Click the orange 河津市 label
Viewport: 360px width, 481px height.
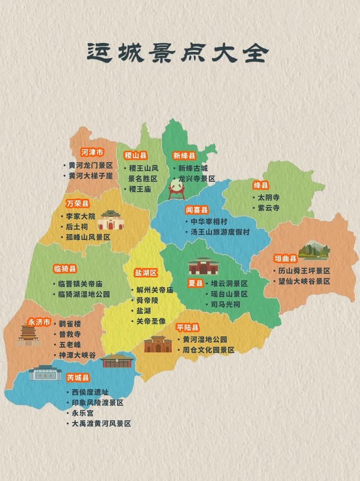pyautogui.click(x=92, y=152)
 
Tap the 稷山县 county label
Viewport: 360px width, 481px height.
pyautogui.click(x=136, y=156)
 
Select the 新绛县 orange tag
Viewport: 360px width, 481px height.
pyautogui.click(x=184, y=156)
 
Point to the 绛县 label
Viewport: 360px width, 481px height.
pyautogui.click(x=261, y=185)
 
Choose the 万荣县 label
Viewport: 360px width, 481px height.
pyautogui.click(x=77, y=204)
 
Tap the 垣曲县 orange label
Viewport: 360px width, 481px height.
pyautogui.click(x=286, y=258)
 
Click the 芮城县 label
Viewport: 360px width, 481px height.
pyautogui.click(x=78, y=377)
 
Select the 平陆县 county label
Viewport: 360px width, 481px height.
pyautogui.click(x=188, y=328)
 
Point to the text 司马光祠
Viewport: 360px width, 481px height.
pyautogui.click(x=225, y=305)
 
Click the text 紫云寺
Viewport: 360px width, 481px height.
pyautogui.click(x=269, y=208)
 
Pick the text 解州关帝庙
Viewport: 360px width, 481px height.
pyautogui.click(x=154, y=290)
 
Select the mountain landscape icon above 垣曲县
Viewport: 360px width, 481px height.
pyautogui.click(x=314, y=251)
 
